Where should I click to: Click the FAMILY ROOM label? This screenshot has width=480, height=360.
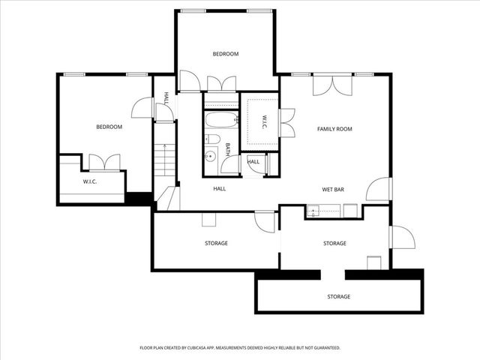tap(334, 129)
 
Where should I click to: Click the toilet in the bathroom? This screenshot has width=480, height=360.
tap(213, 139)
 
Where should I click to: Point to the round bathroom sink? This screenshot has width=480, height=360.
tap(211, 157)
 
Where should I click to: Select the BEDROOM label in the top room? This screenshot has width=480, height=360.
tap(225, 54)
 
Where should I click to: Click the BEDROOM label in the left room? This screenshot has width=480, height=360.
tap(109, 127)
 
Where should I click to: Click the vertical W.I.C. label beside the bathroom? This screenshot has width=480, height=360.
tap(264, 121)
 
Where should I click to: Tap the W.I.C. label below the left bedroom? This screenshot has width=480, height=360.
tap(90, 181)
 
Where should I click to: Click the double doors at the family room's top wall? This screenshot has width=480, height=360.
tap(332, 84)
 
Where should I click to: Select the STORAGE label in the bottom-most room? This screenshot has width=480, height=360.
tap(338, 297)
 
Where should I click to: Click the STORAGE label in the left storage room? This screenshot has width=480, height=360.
tap(216, 243)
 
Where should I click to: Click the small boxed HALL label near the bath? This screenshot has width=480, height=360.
tap(253, 162)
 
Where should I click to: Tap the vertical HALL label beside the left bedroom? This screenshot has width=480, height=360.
tap(166, 98)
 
